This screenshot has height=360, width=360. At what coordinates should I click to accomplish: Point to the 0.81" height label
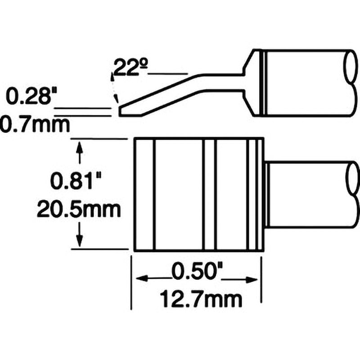pos(76,181)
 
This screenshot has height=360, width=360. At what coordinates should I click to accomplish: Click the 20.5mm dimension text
pos(79,209)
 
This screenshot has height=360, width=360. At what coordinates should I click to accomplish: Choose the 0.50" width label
pos(197,272)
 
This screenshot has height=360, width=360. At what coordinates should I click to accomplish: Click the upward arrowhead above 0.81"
pos(80,146)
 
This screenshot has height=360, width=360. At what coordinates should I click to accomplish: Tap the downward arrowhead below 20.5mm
pos(80,242)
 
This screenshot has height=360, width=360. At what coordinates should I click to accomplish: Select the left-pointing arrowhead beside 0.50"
pos(141,279)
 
